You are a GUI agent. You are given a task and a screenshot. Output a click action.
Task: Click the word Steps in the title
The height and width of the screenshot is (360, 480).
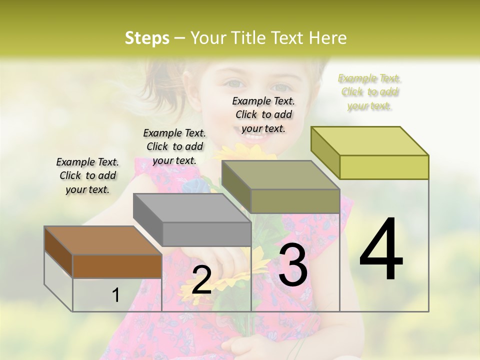pos(147,38)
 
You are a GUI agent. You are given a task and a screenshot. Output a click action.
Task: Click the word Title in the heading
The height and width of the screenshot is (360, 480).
pos(249,38)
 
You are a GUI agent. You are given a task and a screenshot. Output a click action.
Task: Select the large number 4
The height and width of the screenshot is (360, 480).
pos(381,250)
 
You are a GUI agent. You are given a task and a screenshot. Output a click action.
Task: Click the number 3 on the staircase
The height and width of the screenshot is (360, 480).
pos(293,265)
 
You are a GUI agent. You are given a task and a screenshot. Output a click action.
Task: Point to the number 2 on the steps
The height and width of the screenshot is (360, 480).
pos(201,280)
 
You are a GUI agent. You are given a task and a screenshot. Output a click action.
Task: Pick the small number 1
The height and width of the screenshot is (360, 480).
pos(116,295)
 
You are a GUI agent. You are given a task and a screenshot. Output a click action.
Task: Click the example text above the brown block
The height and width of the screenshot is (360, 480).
pos(87,175)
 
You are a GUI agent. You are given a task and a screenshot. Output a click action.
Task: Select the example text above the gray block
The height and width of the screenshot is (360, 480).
pos(174,146)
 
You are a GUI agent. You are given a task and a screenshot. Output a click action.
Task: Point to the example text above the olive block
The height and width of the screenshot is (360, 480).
pos(263,114)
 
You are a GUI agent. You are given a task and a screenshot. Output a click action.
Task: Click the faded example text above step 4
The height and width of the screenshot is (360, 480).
pos(369,92)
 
